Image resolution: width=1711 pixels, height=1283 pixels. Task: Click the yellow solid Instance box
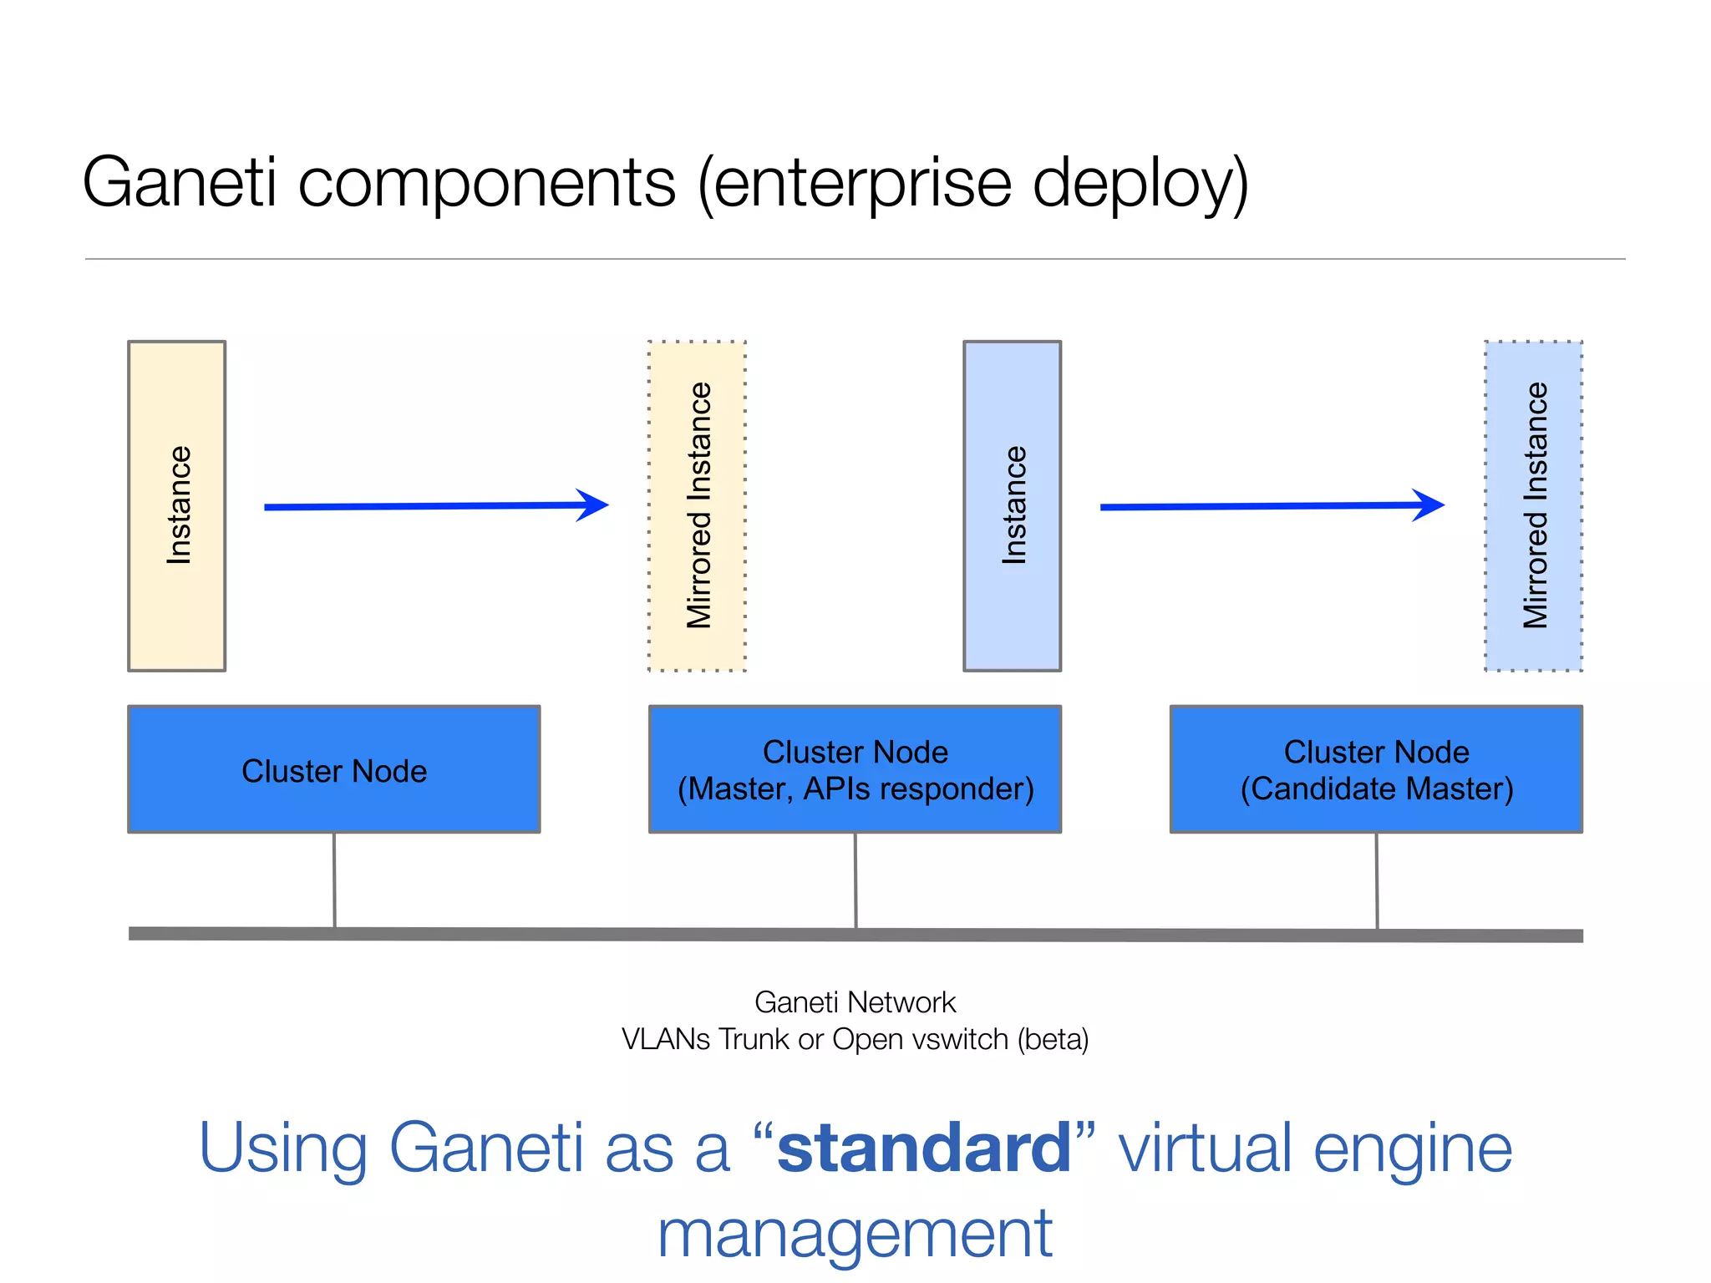click(176, 505)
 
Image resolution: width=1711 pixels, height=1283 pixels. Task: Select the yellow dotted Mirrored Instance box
click(697, 505)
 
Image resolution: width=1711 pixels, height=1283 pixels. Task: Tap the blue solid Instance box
click(1012, 505)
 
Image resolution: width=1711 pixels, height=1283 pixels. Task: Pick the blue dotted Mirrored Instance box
click(1533, 505)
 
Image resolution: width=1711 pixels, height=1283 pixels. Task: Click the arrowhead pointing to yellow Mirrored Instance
click(595, 505)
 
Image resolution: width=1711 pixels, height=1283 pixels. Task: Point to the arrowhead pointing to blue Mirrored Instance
click(1430, 505)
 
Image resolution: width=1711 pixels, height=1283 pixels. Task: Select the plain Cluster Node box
click(334, 769)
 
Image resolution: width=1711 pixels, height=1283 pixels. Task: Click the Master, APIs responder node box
click(855, 769)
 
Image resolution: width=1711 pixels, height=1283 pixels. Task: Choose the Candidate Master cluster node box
click(1376, 769)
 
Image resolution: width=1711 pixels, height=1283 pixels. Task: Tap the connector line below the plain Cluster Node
click(334, 880)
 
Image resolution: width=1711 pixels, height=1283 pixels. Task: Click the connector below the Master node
click(855, 880)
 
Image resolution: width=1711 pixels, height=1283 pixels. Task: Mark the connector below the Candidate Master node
click(1377, 880)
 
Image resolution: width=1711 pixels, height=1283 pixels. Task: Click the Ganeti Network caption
click(855, 1002)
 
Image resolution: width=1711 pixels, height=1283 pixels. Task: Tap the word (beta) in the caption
click(1053, 1039)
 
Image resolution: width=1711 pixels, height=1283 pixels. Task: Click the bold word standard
click(924, 1149)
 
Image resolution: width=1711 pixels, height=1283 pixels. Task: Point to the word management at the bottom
click(855, 1235)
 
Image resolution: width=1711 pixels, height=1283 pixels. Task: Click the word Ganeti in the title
click(179, 182)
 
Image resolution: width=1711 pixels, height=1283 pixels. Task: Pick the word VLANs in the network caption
click(666, 1039)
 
